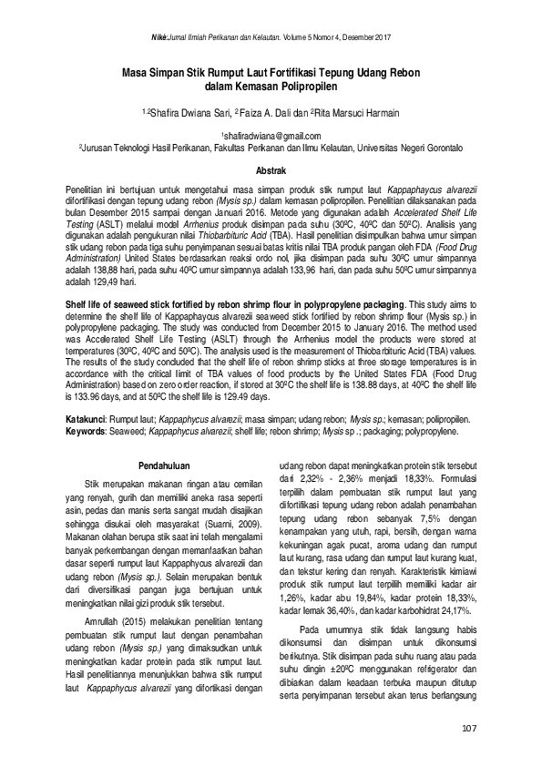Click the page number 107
click(470, 726)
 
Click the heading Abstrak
click(271, 170)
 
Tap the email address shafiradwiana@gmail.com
click(271, 134)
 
